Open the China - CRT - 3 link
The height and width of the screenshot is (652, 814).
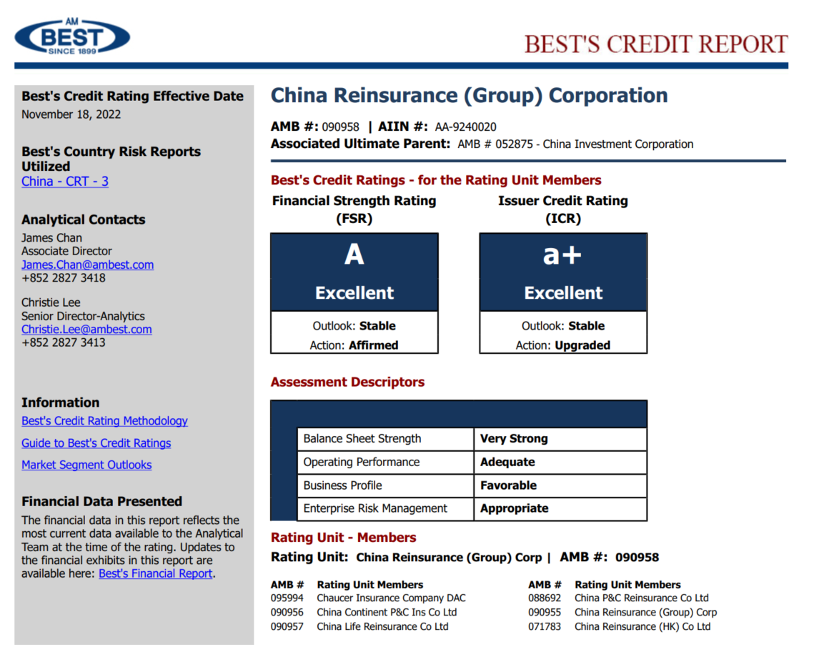click(65, 182)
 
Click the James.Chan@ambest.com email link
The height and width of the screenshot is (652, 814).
click(87, 265)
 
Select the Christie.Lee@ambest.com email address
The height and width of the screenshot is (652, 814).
click(86, 330)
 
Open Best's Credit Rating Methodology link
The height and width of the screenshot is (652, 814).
click(104, 421)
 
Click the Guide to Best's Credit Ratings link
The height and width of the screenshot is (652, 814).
click(96, 443)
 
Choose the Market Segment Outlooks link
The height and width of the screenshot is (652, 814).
click(86, 465)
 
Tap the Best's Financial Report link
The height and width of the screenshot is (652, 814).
click(155, 573)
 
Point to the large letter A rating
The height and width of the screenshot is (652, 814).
click(354, 255)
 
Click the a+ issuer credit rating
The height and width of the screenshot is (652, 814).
click(562, 255)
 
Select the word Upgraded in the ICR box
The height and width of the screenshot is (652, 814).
click(582, 345)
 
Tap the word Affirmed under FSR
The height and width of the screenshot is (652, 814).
click(373, 345)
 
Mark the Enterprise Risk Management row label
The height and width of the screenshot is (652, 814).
click(375, 508)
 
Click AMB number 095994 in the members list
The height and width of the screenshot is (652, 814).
click(287, 598)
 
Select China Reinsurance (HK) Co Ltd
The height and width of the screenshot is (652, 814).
click(642, 627)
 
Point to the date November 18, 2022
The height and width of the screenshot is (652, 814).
click(71, 114)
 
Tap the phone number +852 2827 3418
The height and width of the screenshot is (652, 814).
click(64, 278)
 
